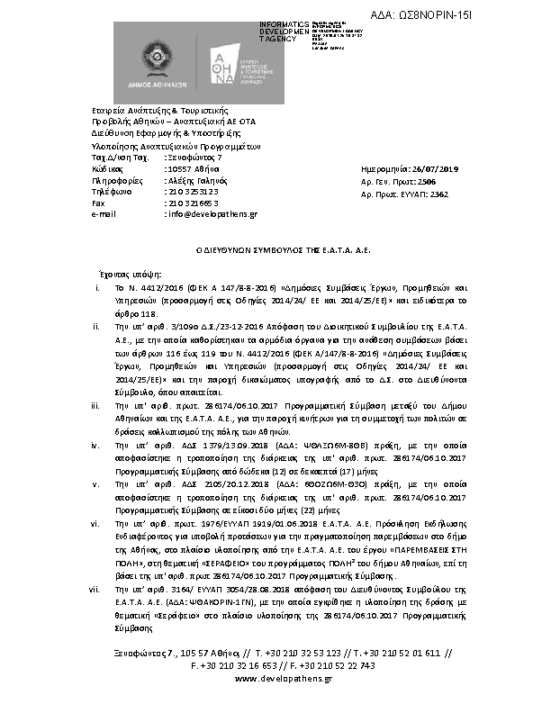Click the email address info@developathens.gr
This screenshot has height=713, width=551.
211,214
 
